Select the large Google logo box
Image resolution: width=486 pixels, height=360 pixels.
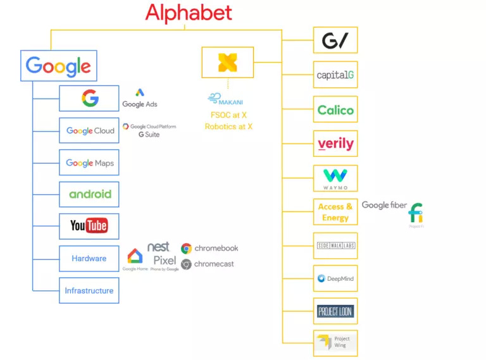coord(59,65)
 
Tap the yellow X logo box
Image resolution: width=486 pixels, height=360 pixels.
coord(227,62)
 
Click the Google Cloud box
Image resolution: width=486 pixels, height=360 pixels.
coord(89,131)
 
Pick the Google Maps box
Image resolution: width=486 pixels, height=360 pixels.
coord(89,163)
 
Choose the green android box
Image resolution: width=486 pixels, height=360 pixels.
coord(89,194)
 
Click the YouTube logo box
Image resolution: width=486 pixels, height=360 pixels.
coord(89,226)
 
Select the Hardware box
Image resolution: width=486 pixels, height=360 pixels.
coord(89,258)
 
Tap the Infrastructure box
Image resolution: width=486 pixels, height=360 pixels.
coord(89,290)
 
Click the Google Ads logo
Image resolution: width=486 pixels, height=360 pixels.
coord(140,98)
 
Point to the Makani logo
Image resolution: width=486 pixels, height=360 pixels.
coord(225,100)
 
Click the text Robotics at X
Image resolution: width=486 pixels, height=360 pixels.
coord(228,127)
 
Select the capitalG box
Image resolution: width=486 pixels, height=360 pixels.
coord(335,75)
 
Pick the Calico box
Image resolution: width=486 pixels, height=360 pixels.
coord(335,109)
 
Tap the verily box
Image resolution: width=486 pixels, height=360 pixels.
coord(335,144)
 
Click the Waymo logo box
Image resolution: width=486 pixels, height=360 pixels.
coord(335,178)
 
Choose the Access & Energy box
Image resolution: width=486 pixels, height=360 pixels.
coord(335,212)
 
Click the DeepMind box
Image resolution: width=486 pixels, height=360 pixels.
coord(335,278)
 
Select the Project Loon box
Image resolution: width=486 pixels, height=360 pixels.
coord(335,311)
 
